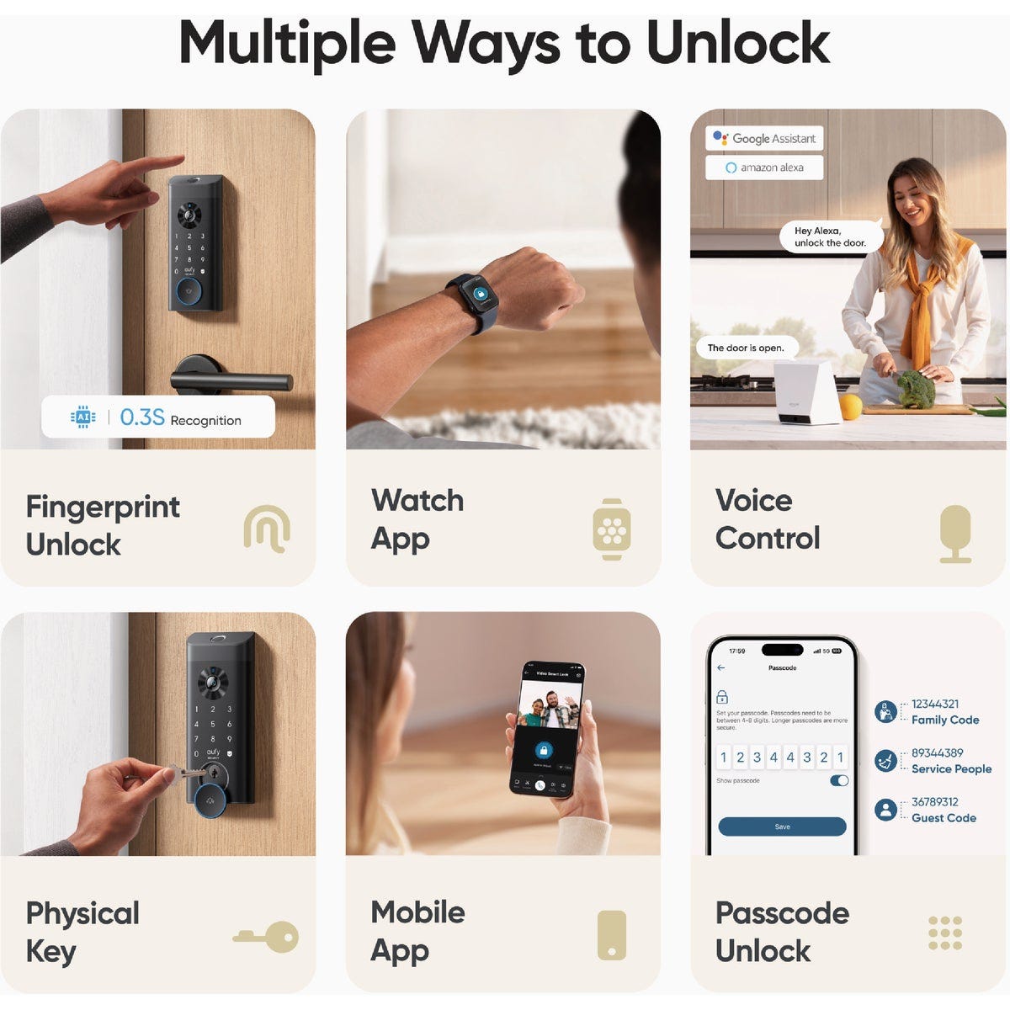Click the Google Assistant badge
(x=764, y=138)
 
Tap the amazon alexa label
(x=764, y=167)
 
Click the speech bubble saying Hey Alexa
(x=829, y=237)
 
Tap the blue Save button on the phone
(x=782, y=827)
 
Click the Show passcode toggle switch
(x=839, y=780)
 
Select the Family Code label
(x=944, y=720)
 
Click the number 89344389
(x=937, y=752)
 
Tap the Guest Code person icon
(x=885, y=810)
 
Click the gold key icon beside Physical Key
(x=267, y=936)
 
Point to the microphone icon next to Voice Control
(x=955, y=534)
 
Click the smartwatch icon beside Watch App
(x=612, y=529)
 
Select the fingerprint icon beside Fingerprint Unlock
(x=267, y=529)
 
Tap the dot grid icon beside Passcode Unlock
(x=945, y=933)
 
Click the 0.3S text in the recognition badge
(x=141, y=417)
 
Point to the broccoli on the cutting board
(x=915, y=390)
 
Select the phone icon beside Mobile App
(x=612, y=935)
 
